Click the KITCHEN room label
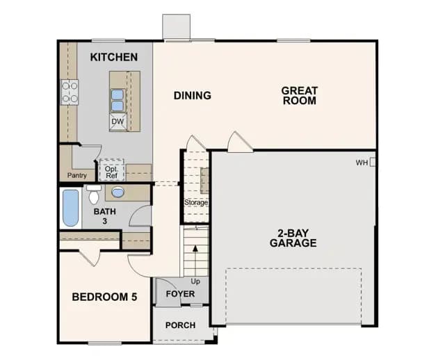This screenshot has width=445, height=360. pos(114,57)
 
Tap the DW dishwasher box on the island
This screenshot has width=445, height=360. pos(118,122)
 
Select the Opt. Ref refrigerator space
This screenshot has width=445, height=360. pos(111,170)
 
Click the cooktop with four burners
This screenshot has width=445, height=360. pos(70,92)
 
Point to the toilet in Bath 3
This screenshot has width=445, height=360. pos(94,194)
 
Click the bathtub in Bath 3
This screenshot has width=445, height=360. pos(70,208)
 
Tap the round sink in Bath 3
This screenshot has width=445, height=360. pos(118,193)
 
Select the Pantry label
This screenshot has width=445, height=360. pos(77,176)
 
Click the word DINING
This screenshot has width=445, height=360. pos(193,95)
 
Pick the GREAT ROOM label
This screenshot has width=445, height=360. pos(300,96)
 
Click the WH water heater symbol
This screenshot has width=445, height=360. pos(373,163)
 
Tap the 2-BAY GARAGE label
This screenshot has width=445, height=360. pos(293,238)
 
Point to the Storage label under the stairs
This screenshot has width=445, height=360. pos(196,202)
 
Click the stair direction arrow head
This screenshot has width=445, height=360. pos(195,248)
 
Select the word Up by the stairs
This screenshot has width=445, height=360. pos(195,281)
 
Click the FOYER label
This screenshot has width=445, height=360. pos(181,293)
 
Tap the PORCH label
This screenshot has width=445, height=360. pos(181,325)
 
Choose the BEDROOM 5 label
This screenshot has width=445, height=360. pos(104,297)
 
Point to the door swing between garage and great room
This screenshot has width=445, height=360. pos(239,142)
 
